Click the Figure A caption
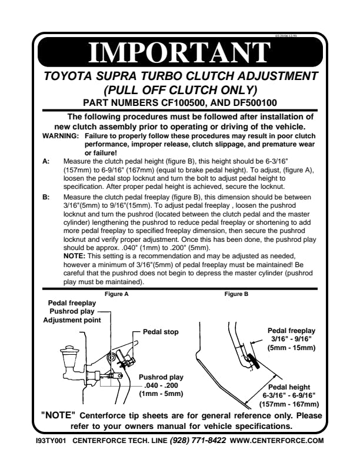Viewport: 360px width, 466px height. pos(116,294)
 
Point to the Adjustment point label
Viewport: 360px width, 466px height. pos(72,319)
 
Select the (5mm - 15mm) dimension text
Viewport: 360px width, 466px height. pos(292,348)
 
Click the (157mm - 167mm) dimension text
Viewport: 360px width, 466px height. pos(289,404)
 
